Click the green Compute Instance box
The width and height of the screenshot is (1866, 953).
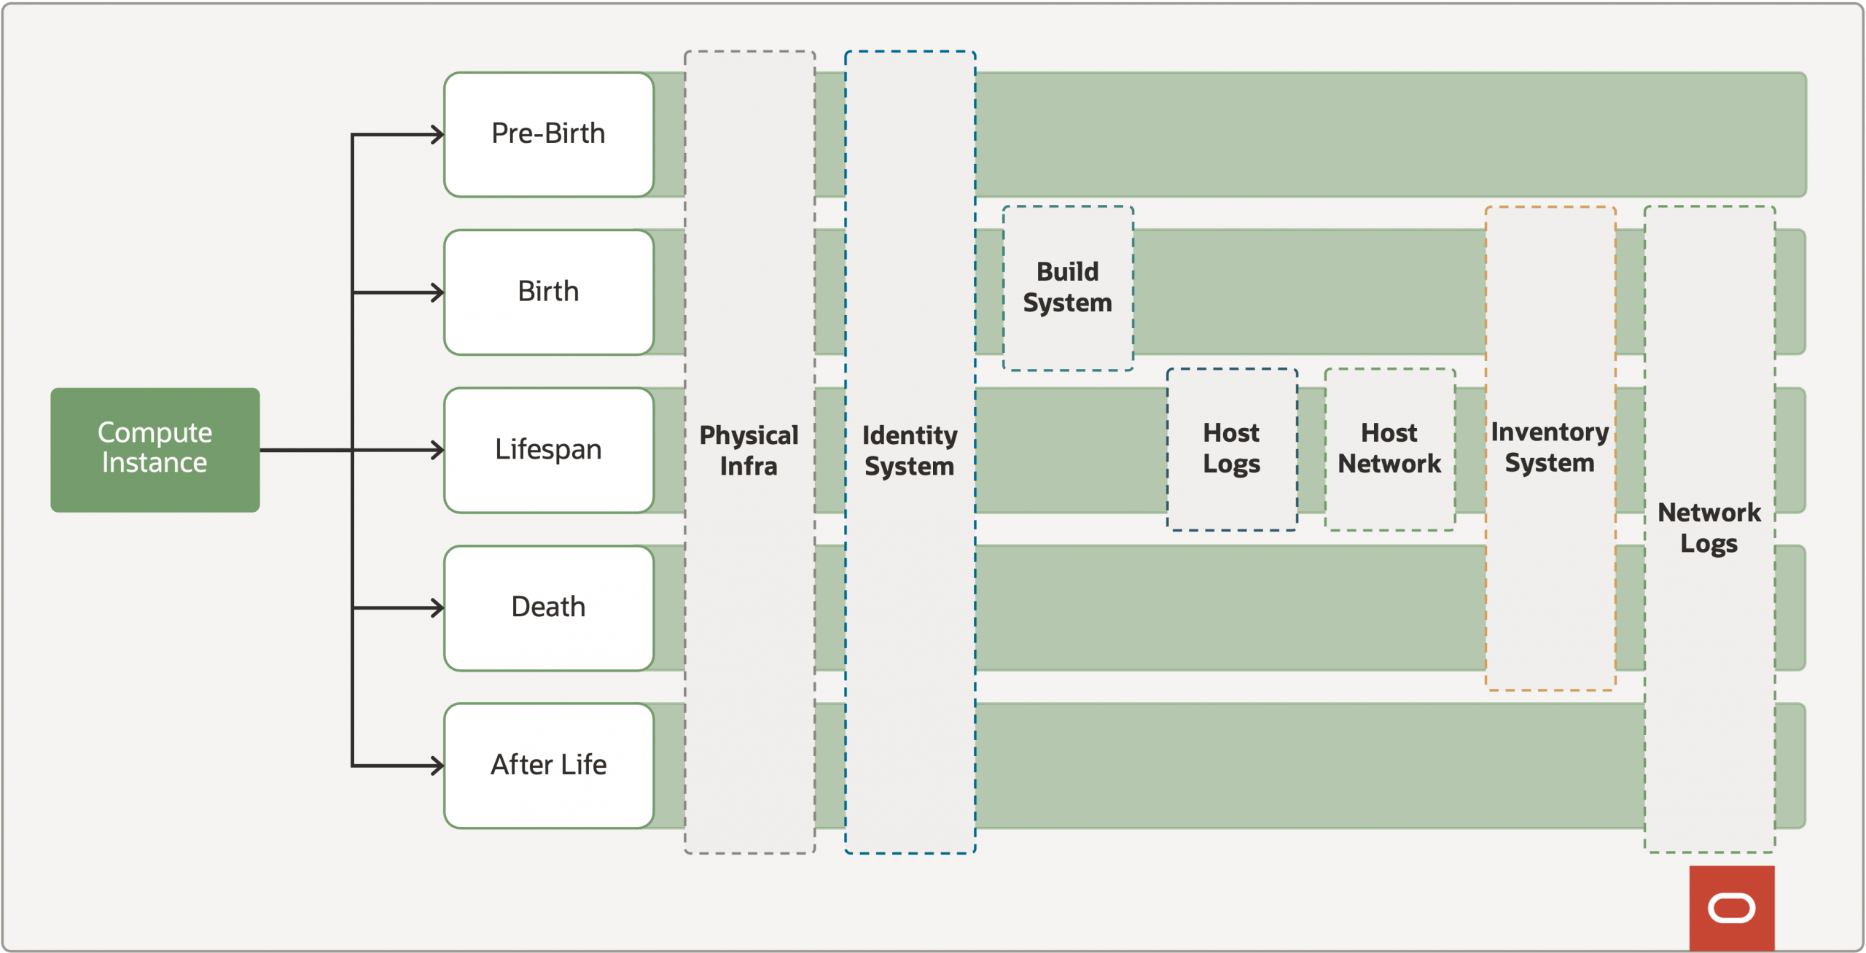(155, 449)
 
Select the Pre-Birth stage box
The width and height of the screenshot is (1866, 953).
(548, 134)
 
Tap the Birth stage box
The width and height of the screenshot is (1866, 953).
(548, 292)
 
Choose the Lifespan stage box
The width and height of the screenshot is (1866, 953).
(548, 450)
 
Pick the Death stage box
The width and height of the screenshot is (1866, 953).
(548, 607)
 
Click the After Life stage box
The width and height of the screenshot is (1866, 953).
(548, 765)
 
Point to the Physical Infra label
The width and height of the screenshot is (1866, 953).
(749, 450)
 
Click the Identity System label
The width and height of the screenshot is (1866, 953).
(909, 450)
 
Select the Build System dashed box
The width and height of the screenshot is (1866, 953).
(1067, 287)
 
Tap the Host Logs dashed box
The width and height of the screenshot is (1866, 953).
(1231, 448)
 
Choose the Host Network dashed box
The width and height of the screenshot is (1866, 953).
(1389, 448)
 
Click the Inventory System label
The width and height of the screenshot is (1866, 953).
(1550, 447)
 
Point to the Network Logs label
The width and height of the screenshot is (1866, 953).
(1709, 528)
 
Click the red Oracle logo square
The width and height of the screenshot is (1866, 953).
(1731, 908)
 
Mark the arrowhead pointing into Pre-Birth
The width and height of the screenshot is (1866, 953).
(437, 134)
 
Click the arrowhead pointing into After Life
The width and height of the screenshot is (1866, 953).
(437, 766)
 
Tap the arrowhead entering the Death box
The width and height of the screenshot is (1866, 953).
(437, 607)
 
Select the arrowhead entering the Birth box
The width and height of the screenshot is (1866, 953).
(437, 292)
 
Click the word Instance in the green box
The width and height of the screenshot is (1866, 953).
(155, 463)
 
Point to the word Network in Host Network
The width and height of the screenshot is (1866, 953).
(1389, 464)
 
